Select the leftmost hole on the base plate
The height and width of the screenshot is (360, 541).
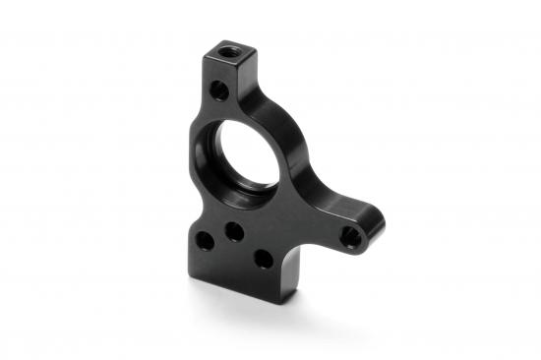click(204, 239)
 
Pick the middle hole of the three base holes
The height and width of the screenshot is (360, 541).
click(234, 232)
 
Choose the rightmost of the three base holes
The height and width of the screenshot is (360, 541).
click(263, 259)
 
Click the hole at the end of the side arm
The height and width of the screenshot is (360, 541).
click(349, 235)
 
